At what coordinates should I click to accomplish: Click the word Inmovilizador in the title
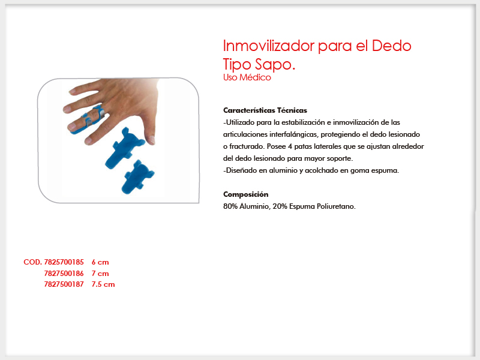269,46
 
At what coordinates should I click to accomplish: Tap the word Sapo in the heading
275,64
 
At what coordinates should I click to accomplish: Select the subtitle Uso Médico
247,77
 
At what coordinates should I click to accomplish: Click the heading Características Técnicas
265,110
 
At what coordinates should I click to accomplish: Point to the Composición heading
245,194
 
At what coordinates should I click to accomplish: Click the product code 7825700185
64,262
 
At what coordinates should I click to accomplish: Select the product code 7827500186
64,274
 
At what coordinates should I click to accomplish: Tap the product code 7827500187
64,284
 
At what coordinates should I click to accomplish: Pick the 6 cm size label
100,262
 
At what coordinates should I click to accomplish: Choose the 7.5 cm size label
103,284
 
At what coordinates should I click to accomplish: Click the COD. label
33,262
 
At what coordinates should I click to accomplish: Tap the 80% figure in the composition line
230,206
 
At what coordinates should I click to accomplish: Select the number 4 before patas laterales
290,146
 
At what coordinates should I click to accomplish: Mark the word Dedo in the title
392,46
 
